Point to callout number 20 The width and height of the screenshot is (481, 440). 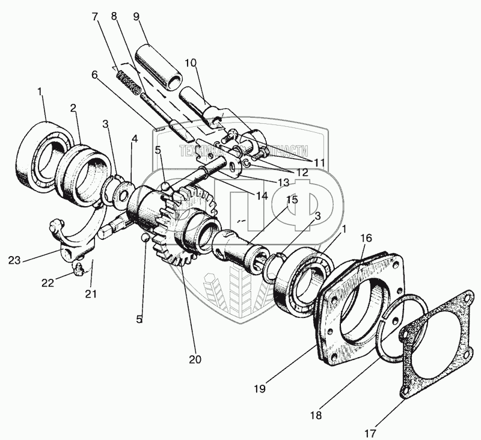(195, 359)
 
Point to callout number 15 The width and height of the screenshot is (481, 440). (292, 200)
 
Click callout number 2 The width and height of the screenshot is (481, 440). (73, 109)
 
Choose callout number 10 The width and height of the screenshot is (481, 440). (191, 63)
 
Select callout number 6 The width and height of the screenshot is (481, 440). (94, 74)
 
